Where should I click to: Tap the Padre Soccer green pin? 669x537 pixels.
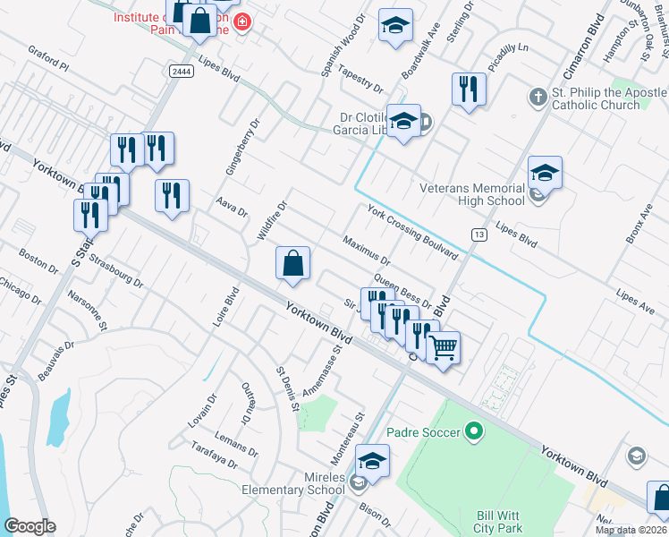click(476, 433)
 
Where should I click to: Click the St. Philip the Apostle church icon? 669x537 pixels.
click(538, 96)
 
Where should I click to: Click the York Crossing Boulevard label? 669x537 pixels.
click(413, 232)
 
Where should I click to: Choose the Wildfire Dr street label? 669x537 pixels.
click(272, 220)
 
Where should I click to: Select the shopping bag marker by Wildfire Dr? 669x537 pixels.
click(292, 263)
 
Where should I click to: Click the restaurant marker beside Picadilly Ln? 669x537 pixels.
click(469, 89)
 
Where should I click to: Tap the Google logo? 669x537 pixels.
click(30, 526)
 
